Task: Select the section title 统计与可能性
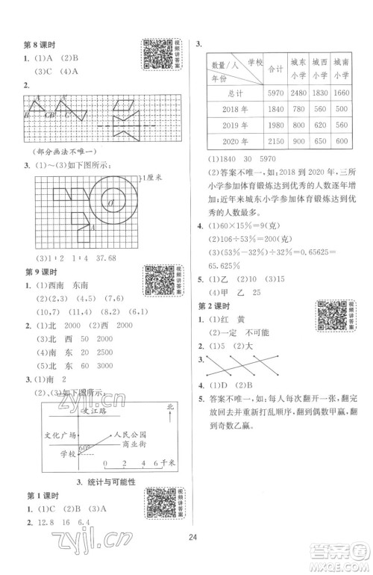[x=98, y=482]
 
